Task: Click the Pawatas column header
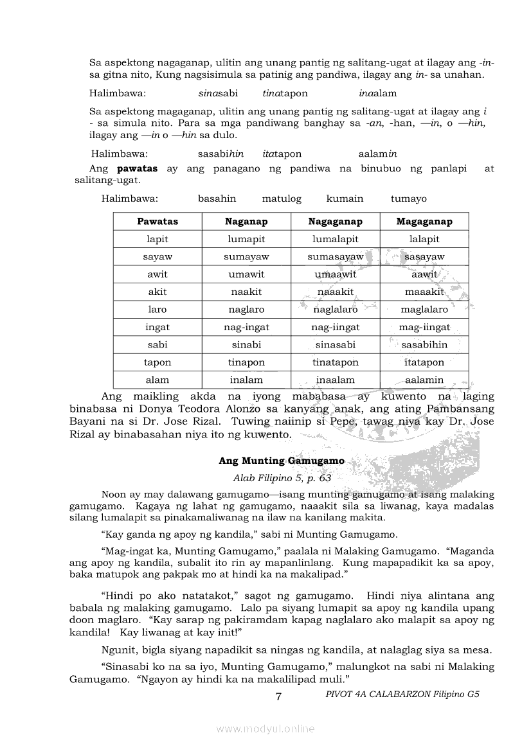click(x=157, y=222)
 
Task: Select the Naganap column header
click(x=246, y=222)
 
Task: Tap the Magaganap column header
click(x=424, y=222)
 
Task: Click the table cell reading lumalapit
click(x=335, y=239)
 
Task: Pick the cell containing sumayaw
click(x=246, y=257)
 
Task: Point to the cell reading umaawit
click(x=335, y=274)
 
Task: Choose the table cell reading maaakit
click(x=424, y=292)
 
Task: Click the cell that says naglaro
click(x=246, y=310)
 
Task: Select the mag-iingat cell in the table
click(x=424, y=327)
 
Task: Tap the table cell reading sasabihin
click(x=424, y=345)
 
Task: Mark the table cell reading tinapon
click(x=246, y=362)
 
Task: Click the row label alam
click(x=157, y=380)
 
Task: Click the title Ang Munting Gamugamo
click(x=282, y=461)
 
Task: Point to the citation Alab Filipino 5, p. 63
click(x=282, y=478)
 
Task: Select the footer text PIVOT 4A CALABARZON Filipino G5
click(x=403, y=694)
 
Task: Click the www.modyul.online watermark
click(x=265, y=729)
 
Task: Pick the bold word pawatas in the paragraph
click(x=136, y=169)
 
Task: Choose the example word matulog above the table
click(x=282, y=199)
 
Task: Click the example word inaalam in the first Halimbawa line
click(x=378, y=93)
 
